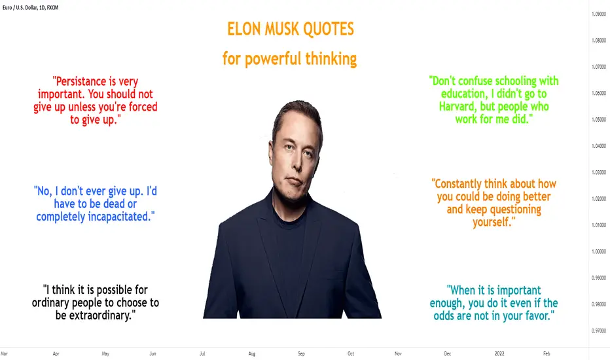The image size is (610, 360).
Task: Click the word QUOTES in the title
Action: coord(329,29)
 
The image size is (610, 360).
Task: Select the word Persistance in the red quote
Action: coord(81,81)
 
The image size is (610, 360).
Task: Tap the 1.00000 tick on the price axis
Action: coord(599,251)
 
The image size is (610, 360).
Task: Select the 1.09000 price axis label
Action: coord(599,14)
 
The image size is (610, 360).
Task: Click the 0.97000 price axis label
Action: coord(599,331)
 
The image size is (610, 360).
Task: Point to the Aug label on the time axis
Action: coord(252,353)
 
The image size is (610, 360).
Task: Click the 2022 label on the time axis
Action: coord(499,353)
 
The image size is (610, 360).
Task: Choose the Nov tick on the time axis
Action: coord(398,353)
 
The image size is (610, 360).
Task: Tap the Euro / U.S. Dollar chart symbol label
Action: coord(20,7)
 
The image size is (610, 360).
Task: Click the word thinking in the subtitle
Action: coord(331,59)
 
